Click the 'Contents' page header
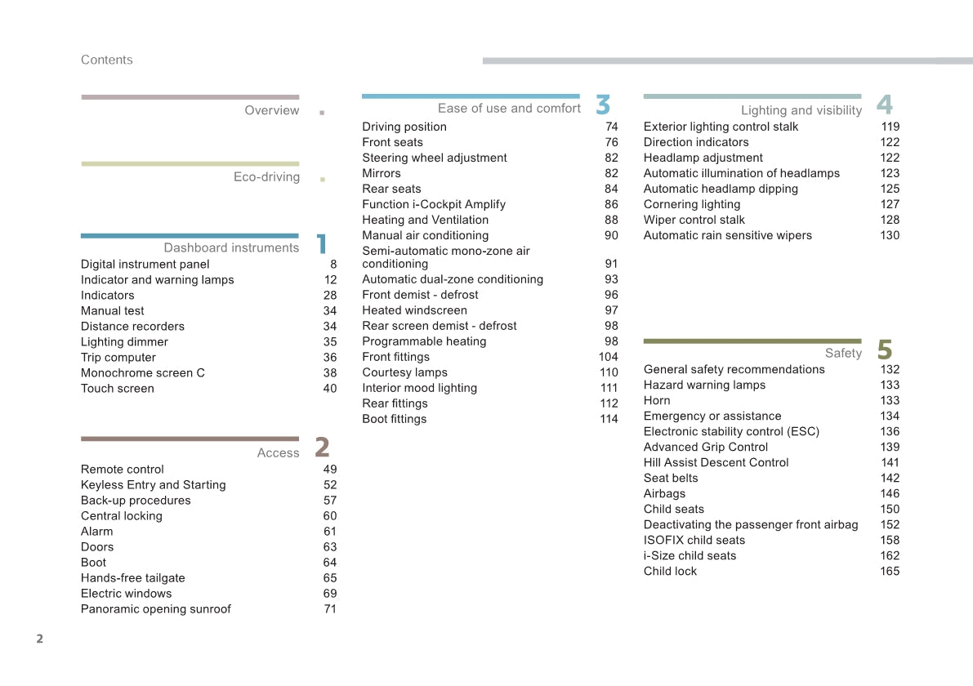[x=106, y=60]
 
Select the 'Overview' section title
[x=272, y=110]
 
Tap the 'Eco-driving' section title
[x=266, y=176]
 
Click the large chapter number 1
[x=322, y=243]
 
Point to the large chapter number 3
[x=603, y=105]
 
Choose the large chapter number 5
[x=885, y=350]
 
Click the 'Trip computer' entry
[x=118, y=357]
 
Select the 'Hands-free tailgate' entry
[x=133, y=577]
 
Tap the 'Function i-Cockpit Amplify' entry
[x=434, y=204]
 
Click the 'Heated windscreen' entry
[x=415, y=310]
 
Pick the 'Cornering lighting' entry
[x=692, y=204]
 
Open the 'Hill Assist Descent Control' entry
[x=716, y=462]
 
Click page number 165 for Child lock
[x=890, y=571]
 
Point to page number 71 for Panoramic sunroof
[x=330, y=608]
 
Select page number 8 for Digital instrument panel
[x=333, y=264]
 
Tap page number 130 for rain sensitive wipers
[x=890, y=235]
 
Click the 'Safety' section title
[x=843, y=353]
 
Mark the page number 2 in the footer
[x=39, y=639]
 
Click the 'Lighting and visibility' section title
[x=801, y=110]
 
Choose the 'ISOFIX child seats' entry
[x=694, y=540]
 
